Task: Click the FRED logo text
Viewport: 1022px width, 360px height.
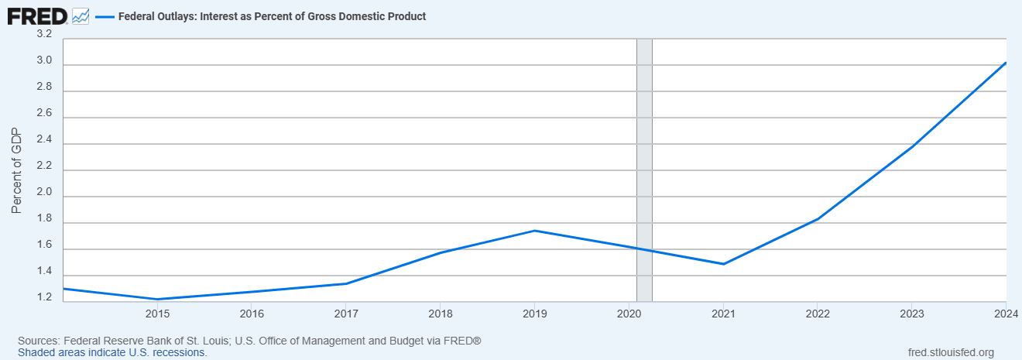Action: pos(37,15)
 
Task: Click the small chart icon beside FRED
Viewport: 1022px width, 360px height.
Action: pos(81,15)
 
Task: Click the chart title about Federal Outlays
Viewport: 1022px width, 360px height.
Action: pos(272,16)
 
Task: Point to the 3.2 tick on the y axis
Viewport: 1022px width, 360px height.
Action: pos(44,35)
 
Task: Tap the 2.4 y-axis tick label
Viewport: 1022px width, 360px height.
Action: pos(44,140)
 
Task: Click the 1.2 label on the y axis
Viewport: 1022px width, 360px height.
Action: pos(44,298)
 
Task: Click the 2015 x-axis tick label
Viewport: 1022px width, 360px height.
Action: pos(157,314)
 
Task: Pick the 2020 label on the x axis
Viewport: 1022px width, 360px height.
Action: pos(629,314)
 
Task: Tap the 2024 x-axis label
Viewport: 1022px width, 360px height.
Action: pos(1004,314)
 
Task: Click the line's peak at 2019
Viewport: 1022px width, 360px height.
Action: pos(534,231)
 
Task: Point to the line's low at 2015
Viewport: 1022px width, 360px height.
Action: pos(157,300)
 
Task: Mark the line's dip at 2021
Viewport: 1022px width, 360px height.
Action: pos(723,264)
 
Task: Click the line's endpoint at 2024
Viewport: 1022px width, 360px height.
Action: pos(1006,63)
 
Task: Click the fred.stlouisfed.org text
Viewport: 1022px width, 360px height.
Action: pos(950,353)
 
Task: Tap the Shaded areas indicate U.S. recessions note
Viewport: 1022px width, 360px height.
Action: pos(112,352)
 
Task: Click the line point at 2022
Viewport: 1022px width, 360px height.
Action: pos(818,219)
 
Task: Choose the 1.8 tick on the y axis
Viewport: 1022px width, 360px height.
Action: pos(44,219)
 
